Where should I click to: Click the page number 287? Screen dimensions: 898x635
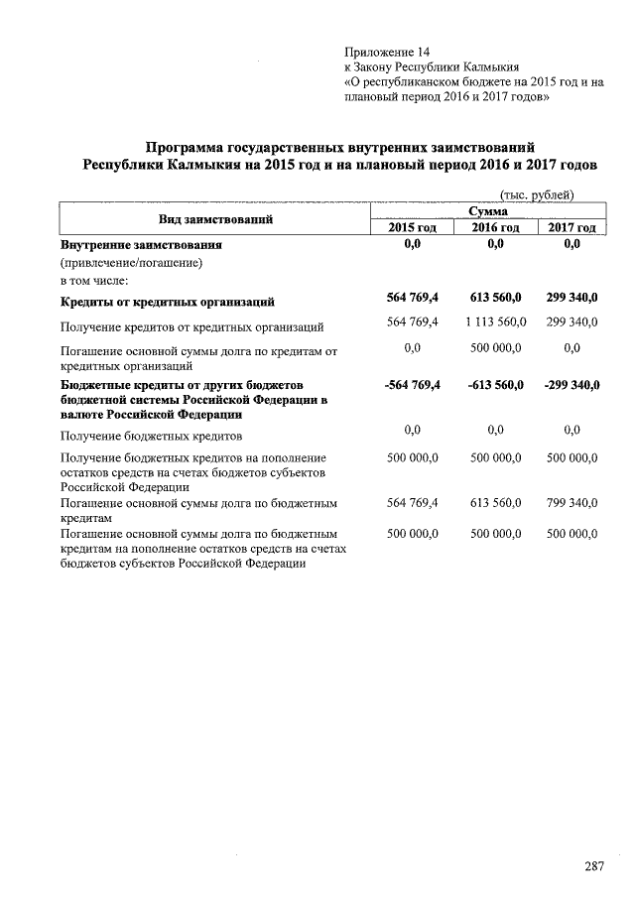click(x=593, y=866)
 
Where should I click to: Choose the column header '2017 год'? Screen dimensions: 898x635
click(x=571, y=227)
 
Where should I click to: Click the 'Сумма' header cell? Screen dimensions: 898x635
click(x=488, y=211)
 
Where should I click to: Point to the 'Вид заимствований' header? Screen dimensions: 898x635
click(x=215, y=219)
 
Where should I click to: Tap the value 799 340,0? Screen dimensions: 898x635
click(x=571, y=503)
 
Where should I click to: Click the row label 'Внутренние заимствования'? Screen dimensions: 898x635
click(x=141, y=244)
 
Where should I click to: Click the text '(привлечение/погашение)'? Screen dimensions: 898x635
click(x=131, y=263)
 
